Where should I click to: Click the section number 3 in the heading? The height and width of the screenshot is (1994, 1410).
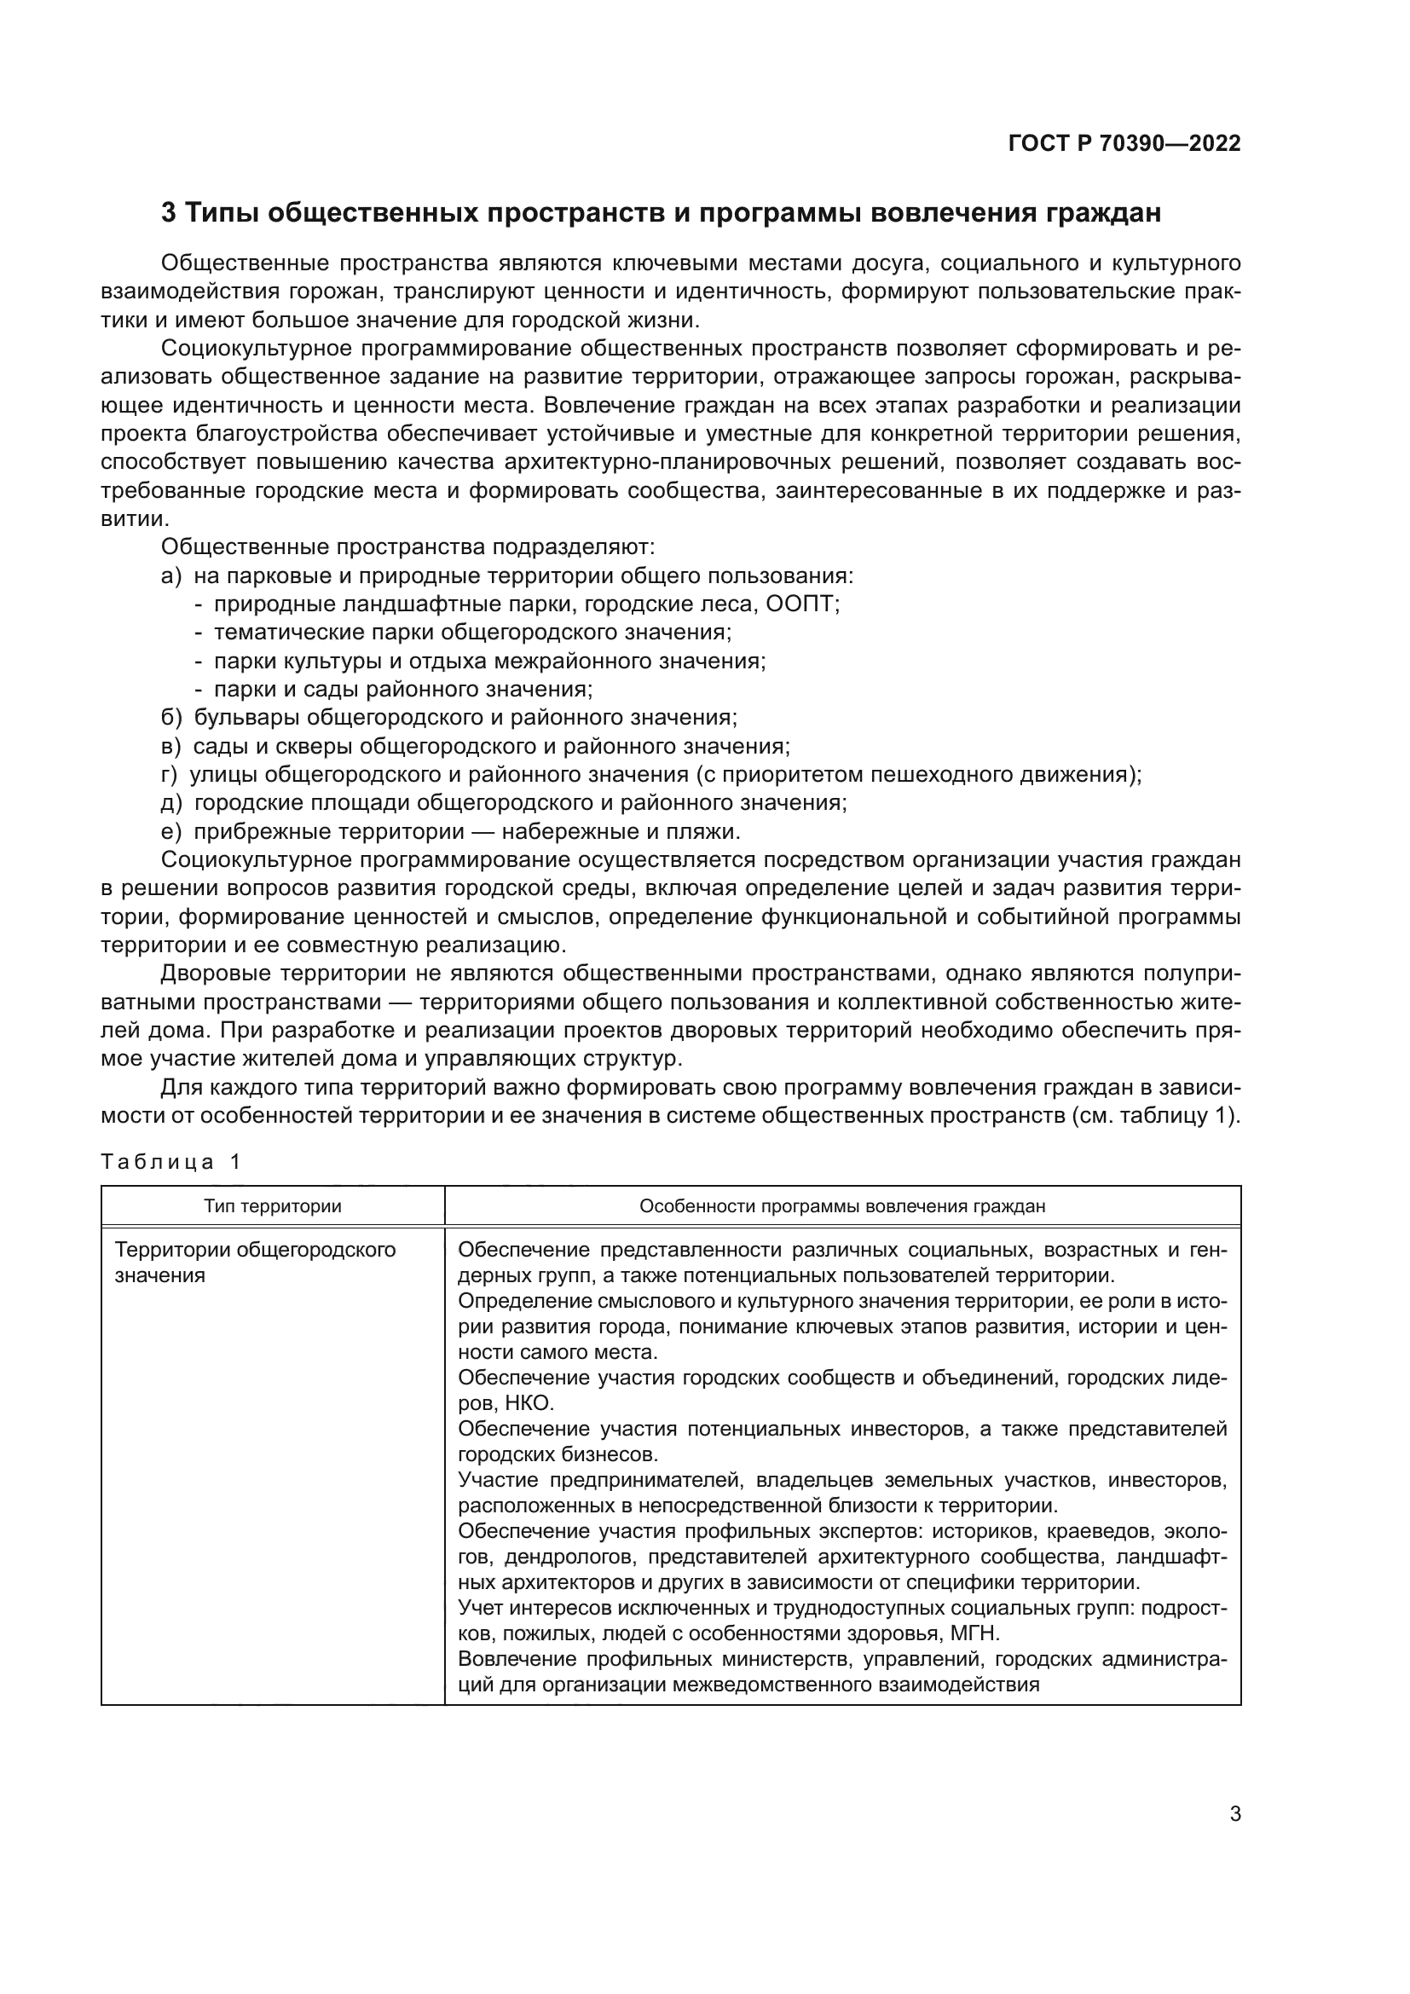169,213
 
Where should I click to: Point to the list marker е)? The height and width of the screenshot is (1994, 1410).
171,832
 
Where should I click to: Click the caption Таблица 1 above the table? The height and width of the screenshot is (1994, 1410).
170,1162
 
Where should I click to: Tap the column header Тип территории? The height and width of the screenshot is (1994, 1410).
273,1206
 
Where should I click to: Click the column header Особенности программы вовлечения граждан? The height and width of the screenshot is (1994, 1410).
842,1206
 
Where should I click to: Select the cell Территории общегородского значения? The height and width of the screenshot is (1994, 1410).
254,1263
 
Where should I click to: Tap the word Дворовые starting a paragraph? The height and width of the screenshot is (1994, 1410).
211,974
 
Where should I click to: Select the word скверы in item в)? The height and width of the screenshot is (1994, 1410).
320,746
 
